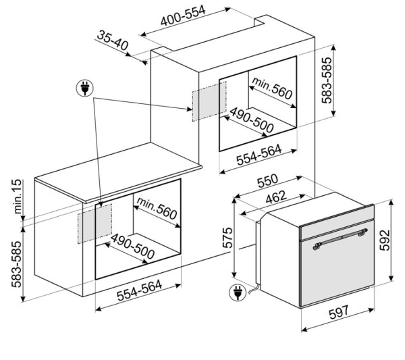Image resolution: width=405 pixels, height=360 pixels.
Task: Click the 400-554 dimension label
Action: pos(183,16)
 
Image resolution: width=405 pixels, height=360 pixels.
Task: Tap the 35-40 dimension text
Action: pos(112,41)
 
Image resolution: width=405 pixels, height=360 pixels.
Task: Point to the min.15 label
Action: pos(18,197)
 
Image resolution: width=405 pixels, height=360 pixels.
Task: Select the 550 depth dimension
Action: pos(267,180)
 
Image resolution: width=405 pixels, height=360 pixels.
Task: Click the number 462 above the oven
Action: pos(276,197)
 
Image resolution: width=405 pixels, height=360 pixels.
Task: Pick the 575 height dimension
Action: pos(227,238)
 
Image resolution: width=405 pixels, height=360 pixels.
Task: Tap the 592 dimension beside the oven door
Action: pos(385,240)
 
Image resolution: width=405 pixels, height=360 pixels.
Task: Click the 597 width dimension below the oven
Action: pos(339,313)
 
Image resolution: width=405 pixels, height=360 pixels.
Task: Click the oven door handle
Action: pos(340,239)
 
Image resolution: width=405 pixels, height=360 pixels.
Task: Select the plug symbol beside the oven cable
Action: pos(238,292)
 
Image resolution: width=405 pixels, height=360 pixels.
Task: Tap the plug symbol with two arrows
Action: pos(85,88)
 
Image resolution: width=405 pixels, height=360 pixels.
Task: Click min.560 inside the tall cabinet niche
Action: pos(272,88)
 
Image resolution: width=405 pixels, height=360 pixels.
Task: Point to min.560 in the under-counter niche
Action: pos(157,208)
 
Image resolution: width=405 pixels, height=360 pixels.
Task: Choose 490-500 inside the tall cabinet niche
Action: pos(251,120)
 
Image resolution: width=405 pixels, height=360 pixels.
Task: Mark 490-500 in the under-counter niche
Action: pos(132,247)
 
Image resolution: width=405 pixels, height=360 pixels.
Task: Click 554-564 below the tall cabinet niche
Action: pos(259,155)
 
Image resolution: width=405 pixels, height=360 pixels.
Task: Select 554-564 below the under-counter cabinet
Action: pos(140,290)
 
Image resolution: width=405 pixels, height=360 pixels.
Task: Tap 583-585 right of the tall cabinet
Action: pos(326,80)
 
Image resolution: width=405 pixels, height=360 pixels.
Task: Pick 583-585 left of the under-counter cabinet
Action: pos(16,264)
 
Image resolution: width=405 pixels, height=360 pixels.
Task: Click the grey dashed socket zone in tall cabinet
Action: pos(209,101)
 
